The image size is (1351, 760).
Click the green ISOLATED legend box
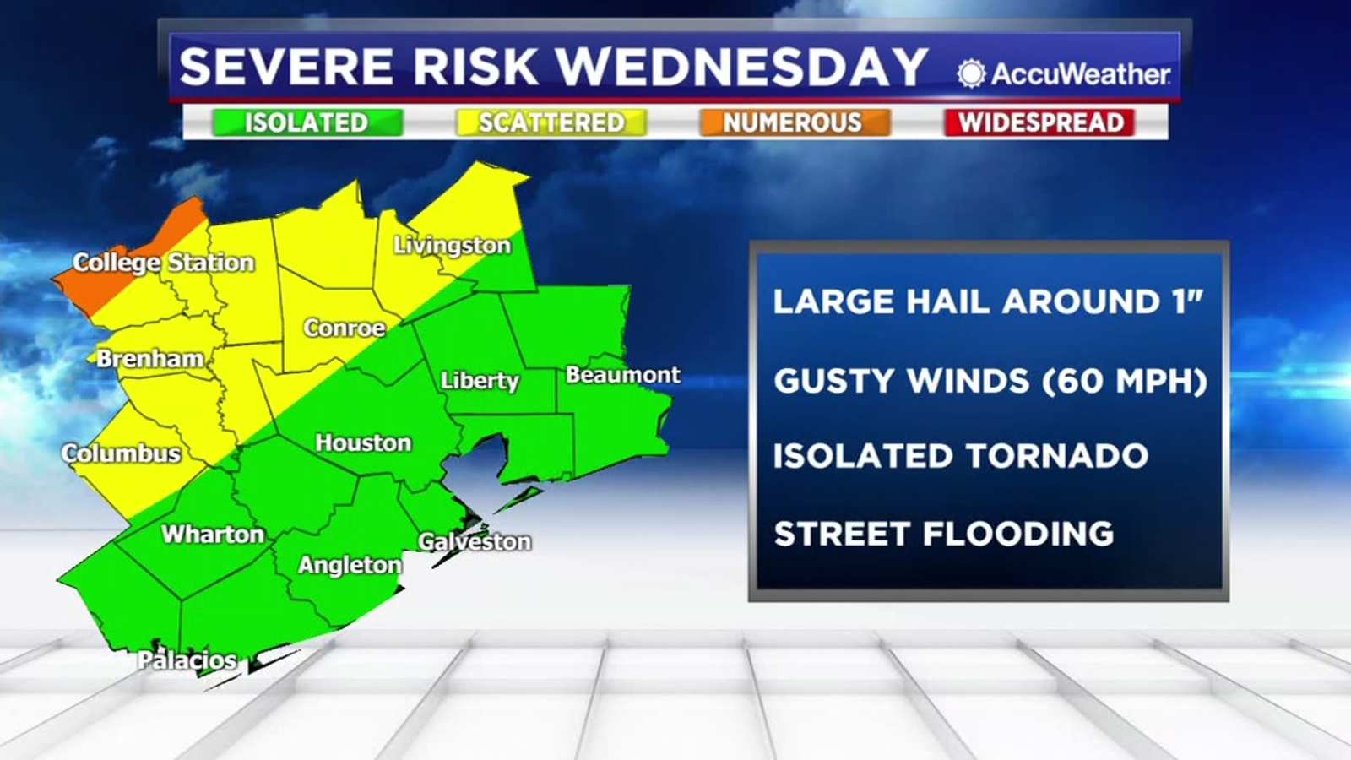[307, 122]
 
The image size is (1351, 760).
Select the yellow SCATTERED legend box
[551, 122]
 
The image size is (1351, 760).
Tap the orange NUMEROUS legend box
[794, 122]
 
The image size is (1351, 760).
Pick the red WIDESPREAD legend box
[1040, 122]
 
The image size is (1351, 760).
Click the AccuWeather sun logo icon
[971, 73]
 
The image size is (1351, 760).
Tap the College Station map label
[164, 263]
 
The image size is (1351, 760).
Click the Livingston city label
[452, 245]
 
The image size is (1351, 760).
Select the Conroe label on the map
[345, 328]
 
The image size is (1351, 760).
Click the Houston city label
[363, 442]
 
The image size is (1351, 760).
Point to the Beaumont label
[622, 374]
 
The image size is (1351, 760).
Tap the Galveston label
[475, 541]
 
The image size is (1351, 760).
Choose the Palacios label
[187, 660]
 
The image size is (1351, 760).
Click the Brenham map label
[149, 358]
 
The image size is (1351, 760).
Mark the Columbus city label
[122, 453]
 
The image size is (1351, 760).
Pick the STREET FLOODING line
[944, 534]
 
